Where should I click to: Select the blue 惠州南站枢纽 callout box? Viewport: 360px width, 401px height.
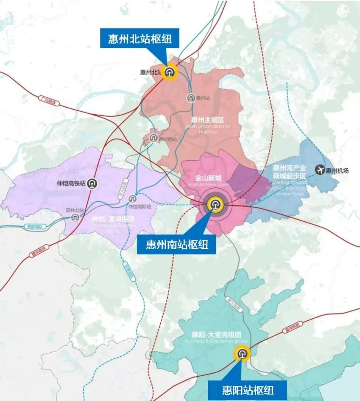[x=177, y=244]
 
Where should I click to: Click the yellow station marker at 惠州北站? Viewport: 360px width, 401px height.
[x=169, y=72]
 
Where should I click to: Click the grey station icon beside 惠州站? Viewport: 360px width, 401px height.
[x=191, y=98]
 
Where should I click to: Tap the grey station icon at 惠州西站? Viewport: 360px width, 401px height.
[x=153, y=138]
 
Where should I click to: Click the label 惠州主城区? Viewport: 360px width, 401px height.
[x=208, y=120]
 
